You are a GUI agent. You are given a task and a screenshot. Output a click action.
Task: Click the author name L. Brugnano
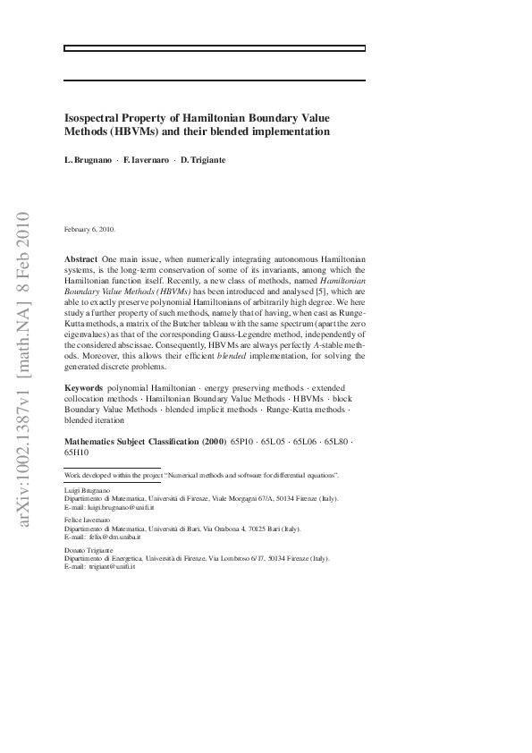[x=87, y=159]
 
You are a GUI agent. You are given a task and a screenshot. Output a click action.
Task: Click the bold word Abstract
[x=81, y=258]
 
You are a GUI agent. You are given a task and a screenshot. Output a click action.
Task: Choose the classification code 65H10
[x=77, y=453]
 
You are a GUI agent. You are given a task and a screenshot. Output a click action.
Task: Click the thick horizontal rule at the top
[x=215, y=47]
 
